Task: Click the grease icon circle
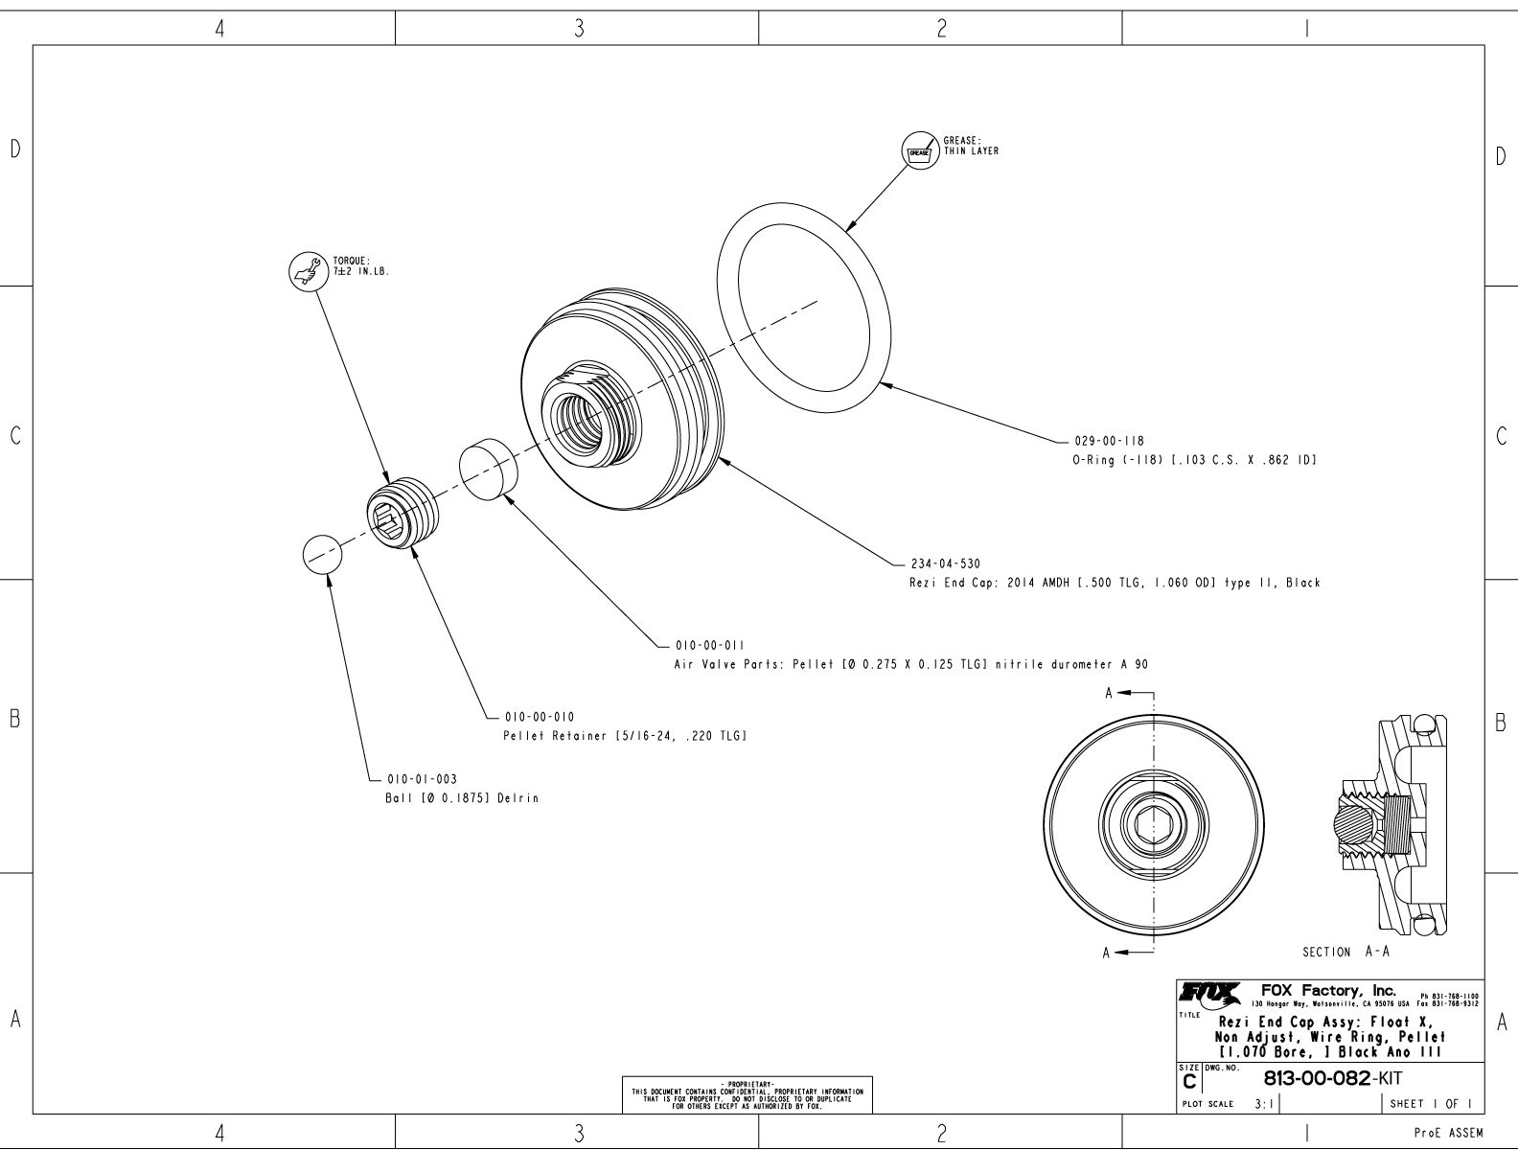[x=920, y=150]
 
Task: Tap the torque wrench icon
[x=309, y=271]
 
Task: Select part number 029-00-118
[x=1110, y=441]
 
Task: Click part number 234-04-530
[x=945, y=563]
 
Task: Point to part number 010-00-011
[x=710, y=646]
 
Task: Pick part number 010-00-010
[x=540, y=717]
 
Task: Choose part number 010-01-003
[x=422, y=779]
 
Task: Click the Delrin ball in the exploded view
[x=323, y=555]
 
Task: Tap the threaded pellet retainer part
[x=403, y=514]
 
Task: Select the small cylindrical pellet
[x=488, y=469]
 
